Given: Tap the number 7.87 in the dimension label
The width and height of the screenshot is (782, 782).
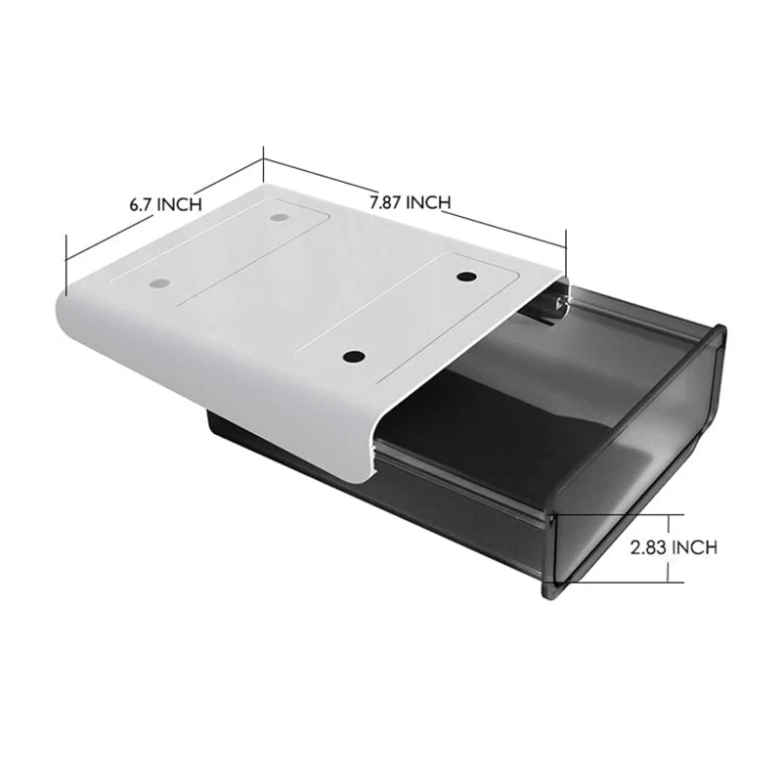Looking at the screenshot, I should [386, 202].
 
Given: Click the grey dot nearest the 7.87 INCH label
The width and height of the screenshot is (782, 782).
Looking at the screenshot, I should [280, 216].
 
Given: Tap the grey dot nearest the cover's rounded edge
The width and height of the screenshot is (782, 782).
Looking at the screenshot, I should [157, 284].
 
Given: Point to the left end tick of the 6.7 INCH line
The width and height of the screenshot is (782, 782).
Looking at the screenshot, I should [65, 264].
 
